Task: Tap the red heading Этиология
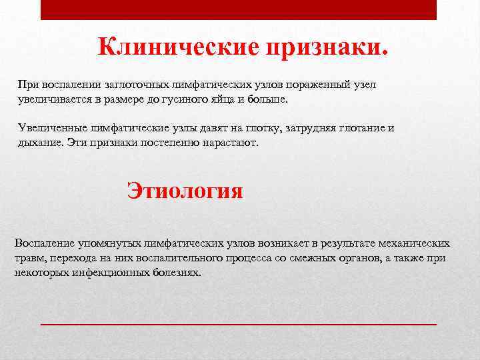185,191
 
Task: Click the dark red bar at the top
239,9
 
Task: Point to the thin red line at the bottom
239,323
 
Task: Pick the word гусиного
210,99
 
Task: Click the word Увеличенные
45,129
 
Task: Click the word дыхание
37,143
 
